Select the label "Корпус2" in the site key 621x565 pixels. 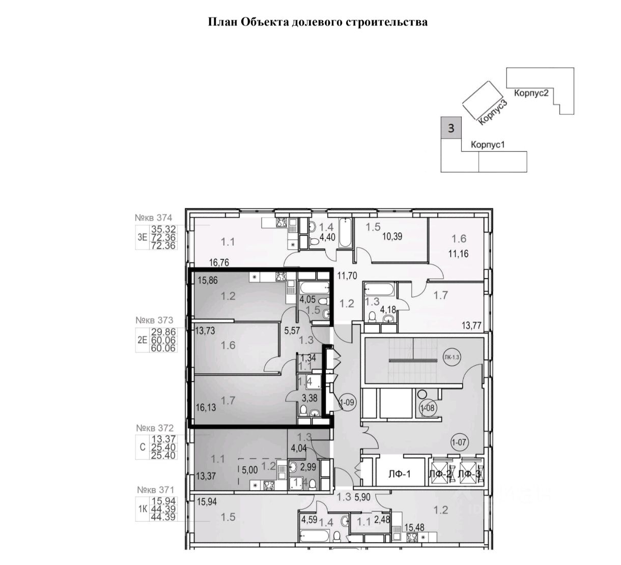(x=531, y=94)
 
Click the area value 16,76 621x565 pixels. (x=220, y=262)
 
